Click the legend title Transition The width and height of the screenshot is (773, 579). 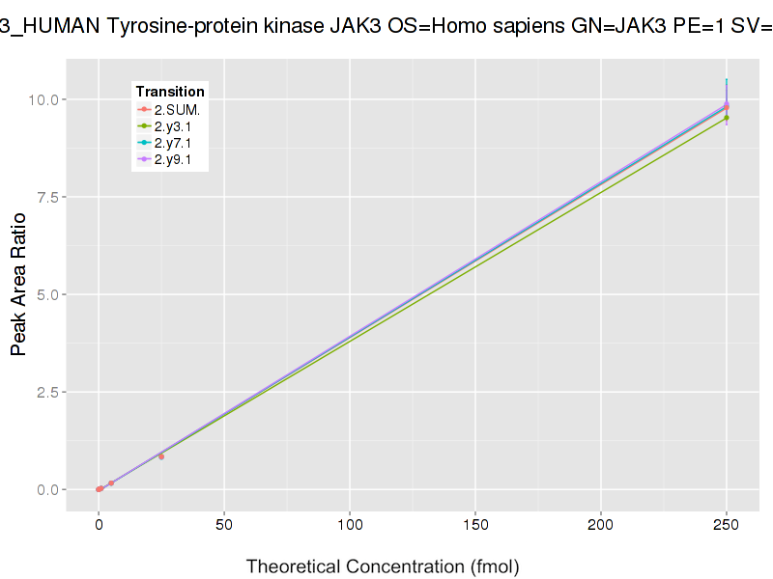click(x=170, y=92)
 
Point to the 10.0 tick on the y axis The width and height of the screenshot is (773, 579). click(x=45, y=99)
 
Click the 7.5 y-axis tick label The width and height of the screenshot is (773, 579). click(x=49, y=197)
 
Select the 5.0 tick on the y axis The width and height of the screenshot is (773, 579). click(x=49, y=294)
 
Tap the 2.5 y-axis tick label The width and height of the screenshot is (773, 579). click(x=49, y=392)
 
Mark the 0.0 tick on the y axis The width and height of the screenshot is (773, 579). click(x=49, y=489)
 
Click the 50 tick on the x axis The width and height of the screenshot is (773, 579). click(x=224, y=525)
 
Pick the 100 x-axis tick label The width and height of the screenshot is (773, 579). click(x=350, y=525)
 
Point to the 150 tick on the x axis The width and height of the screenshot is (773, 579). click(x=475, y=525)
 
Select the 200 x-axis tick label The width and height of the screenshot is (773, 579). click(x=601, y=525)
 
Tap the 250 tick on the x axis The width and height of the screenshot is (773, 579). click(x=727, y=525)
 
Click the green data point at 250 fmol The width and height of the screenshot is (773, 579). click(x=727, y=118)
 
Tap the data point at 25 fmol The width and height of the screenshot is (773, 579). click(x=161, y=456)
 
